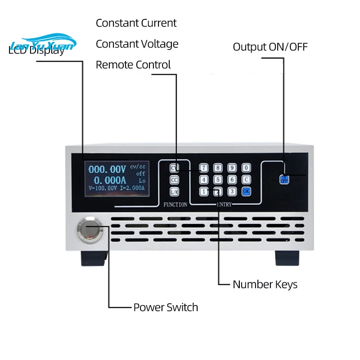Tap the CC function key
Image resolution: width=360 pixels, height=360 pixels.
point(175,180)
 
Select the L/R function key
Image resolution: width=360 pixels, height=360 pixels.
point(175,192)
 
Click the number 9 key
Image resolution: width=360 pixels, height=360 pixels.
point(231,168)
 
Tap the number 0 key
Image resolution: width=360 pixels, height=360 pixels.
point(246,168)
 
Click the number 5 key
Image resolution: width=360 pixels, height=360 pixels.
point(218,180)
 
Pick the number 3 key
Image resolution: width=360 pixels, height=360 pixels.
point(231,191)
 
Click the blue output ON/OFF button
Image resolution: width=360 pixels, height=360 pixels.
point(284,179)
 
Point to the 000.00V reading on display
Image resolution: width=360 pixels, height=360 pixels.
point(107,170)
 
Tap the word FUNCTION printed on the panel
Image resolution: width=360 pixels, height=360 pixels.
point(175,205)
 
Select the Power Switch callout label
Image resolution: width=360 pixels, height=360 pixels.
point(166,307)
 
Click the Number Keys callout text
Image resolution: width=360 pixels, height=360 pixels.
point(265,284)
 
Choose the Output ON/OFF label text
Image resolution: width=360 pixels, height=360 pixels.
point(270,47)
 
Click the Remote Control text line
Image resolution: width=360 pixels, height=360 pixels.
point(133,65)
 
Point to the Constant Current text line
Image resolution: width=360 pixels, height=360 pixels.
point(136,23)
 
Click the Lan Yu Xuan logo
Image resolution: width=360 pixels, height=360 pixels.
point(44,43)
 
